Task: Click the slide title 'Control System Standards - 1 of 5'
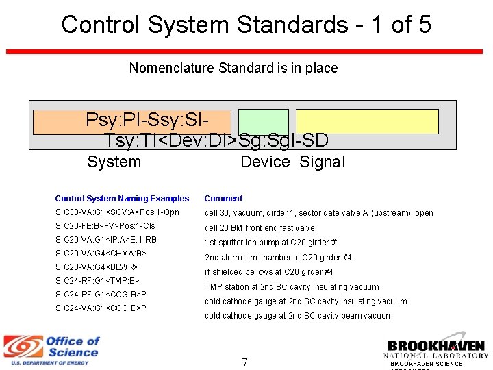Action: point(246,25)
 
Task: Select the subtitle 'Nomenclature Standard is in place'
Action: point(233,68)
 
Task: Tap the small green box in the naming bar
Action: point(263,121)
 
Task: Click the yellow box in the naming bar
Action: point(367,121)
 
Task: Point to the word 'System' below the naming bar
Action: point(114,162)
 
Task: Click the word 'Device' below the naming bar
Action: point(265,162)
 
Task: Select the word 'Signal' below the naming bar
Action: point(323,162)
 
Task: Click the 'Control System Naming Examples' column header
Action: point(122,199)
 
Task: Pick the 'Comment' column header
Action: point(223,199)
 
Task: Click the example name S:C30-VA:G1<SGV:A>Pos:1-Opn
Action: point(117,212)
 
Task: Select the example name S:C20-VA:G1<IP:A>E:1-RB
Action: point(105,240)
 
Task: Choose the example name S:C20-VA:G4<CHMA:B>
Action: point(101,254)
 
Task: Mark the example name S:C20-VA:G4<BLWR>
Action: point(97,267)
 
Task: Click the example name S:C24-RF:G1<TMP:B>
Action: point(97,281)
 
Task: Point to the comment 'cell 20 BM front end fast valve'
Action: point(260,228)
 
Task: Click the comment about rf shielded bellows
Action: point(268,272)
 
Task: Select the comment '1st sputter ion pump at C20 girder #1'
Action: point(272,243)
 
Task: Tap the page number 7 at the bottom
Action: point(244,362)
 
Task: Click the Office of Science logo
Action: point(51,349)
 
